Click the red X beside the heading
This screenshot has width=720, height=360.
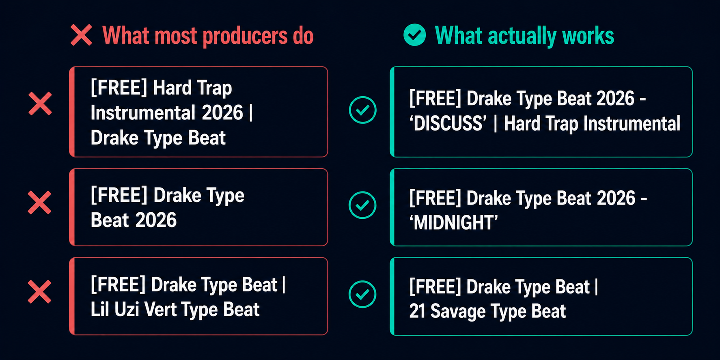(x=81, y=35)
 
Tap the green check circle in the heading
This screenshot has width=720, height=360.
(x=414, y=35)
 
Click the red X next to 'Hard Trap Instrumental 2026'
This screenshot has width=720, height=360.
(x=40, y=104)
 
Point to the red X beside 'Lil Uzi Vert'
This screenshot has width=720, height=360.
(x=39, y=292)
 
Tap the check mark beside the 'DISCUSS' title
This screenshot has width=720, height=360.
(x=362, y=110)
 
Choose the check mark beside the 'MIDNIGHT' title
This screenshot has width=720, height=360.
(x=362, y=205)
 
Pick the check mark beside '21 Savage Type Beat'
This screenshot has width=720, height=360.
(x=362, y=294)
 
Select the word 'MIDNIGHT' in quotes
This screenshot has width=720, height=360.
(x=454, y=223)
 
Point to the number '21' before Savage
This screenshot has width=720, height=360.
(x=417, y=311)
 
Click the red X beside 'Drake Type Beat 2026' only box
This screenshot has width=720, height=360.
(x=39, y=203)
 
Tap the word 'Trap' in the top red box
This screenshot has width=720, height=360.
(x=214, y=88)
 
